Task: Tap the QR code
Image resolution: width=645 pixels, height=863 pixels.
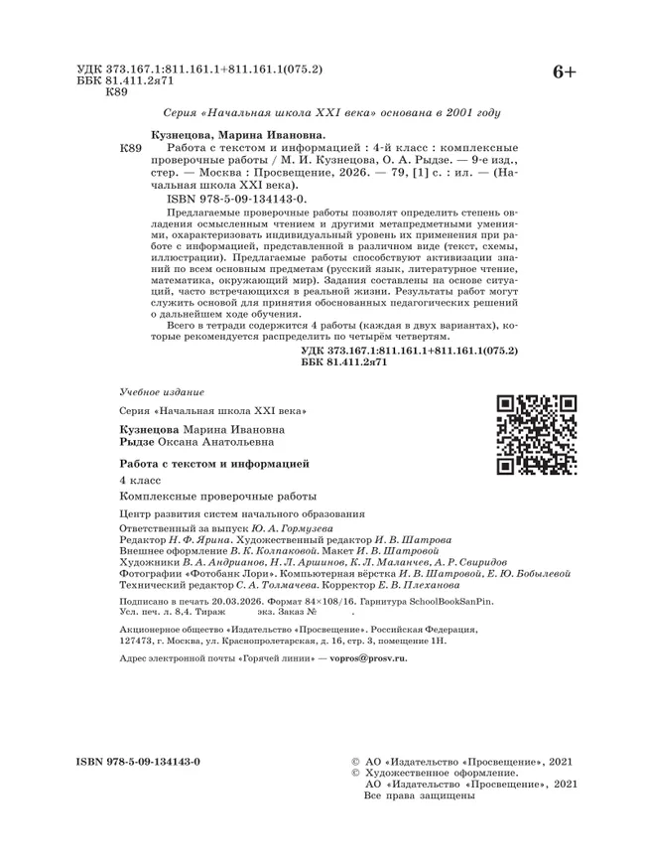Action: pos(536,432)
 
